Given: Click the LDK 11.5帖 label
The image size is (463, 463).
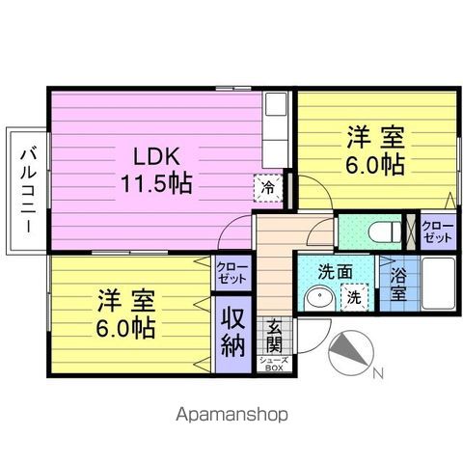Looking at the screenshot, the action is [x=156, y=171].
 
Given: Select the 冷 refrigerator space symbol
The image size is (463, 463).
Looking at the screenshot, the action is [x=268, y=188].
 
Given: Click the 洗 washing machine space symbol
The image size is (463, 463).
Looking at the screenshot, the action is [x=354, y=297].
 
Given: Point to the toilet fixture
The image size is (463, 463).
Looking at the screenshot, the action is [x=385, y=231].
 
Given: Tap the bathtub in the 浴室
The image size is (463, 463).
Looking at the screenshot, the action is [x=438, y=283].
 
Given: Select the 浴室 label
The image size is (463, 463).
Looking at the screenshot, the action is [x=398, y=285].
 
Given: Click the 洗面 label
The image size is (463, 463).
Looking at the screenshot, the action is [x=335, y=272].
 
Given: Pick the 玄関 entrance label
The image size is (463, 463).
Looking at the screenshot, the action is [x=274, y=336].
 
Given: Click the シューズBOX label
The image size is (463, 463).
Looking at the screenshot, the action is [x=274, y=365].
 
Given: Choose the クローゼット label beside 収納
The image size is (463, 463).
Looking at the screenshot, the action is [x=232, y=273].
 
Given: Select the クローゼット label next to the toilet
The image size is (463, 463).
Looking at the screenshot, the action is [x=438, y=231].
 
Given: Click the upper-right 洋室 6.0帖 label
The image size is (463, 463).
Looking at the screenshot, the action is [x=375, y=150].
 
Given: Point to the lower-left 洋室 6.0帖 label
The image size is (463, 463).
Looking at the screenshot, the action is [x=126, y=313].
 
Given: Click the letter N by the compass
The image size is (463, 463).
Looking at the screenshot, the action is [x=378, y=373].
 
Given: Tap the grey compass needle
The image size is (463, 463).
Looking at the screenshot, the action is [x=349, y=349].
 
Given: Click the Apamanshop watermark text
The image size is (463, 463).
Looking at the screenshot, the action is [x=231, y=414].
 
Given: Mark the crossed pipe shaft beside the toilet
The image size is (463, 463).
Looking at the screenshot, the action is [x=411, y=231].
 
